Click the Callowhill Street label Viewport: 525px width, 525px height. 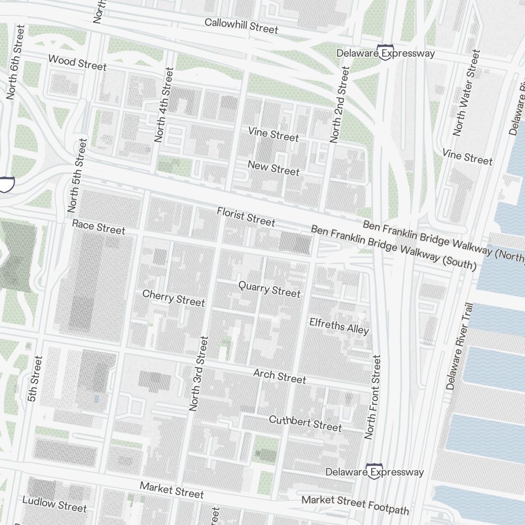241,26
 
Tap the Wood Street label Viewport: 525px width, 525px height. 77,62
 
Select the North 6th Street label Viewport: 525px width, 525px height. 15,62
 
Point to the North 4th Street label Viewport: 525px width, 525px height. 163,105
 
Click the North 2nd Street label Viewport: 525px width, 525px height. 339,105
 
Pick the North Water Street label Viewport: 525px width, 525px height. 466,93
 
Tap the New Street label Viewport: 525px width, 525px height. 274,169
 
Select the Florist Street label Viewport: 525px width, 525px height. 246,217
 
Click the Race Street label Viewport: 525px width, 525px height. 99,227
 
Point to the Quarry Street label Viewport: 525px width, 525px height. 269,289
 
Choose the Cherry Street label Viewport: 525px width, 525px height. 173,298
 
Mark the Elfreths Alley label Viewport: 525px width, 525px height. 339,325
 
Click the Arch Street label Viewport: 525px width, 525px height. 279,376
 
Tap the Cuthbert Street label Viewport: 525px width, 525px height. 305,423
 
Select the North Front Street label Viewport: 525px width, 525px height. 373,397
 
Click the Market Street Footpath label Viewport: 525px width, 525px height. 355,505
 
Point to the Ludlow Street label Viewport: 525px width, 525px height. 54,504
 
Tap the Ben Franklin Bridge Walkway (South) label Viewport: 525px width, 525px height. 393,248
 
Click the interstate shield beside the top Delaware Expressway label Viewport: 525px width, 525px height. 386,54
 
